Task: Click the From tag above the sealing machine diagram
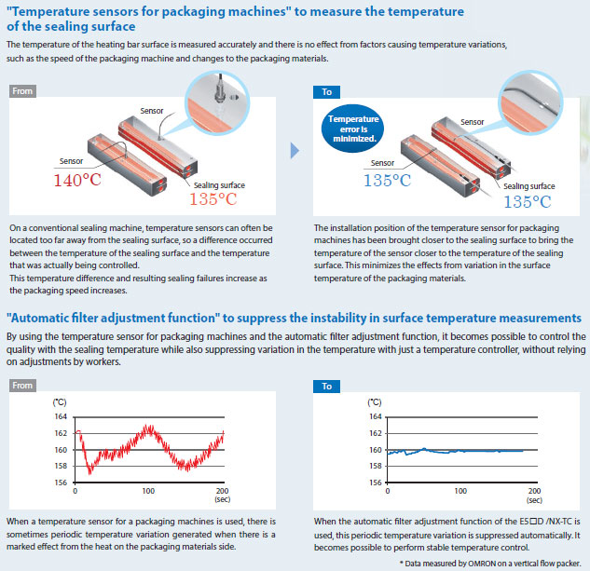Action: coord(22,91)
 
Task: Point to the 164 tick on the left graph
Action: coord(61,416)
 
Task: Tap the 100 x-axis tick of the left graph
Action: coord(148,491)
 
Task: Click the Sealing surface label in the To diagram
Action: coord(529,185)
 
